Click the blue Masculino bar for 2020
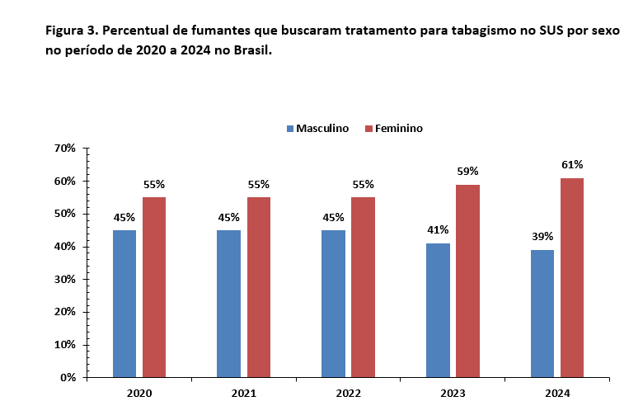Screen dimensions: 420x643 [x=124, y=303]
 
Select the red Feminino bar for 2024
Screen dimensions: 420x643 [x=572, y=277]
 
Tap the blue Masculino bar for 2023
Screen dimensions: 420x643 [x=438, y=309]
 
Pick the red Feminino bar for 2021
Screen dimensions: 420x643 [x=258, y=286]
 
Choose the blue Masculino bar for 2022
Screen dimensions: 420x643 [x=333, y=303]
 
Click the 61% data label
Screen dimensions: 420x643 [x=572, y=164]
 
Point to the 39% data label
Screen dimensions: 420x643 [x=542, y=236]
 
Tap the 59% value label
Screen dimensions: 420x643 [x=467, y=171]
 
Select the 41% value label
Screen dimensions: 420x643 [x=438, y=229]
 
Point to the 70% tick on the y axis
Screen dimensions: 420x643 [x=64, y=149]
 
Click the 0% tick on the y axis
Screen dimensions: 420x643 [x=67, y=377]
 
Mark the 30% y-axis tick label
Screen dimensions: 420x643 [x=64, y=279]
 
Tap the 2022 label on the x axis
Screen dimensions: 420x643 [x=348, y=394]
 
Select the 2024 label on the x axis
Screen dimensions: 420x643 [x=557, y=394]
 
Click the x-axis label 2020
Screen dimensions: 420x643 [x=139, y=394]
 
